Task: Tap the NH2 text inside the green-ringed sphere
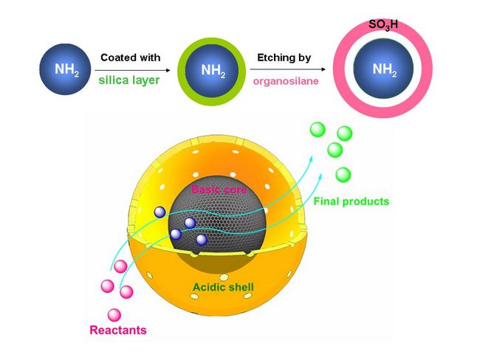pyautogui.click(x=213, y=71)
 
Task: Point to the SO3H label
pyautogui.click(x=383, y=24)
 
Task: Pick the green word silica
pyautogui.click(x=114, y=80)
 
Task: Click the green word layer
pyautogui.click(x=146, y=80)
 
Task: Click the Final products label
pyautogui.click(x=351, y=201)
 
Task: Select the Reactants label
pyautogui.click(x=118, y=329)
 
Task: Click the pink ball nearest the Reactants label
pyautogui.click(x=113, y=314)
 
